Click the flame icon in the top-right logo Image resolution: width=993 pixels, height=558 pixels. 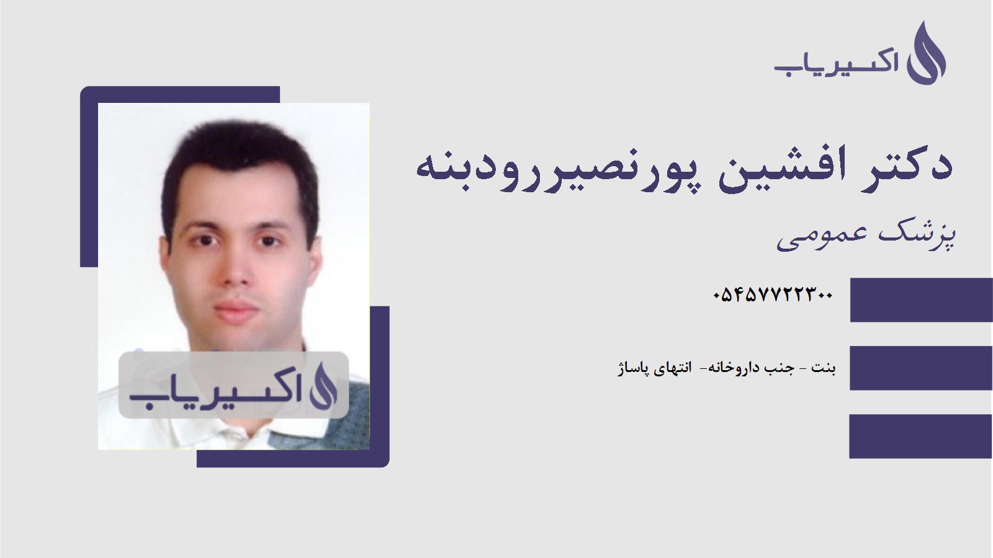pos(926,55)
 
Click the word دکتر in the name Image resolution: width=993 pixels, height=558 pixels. pos(907,165)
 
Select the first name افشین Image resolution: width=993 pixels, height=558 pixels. pos(783,166)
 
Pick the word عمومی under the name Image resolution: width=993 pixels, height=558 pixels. pos(822,236)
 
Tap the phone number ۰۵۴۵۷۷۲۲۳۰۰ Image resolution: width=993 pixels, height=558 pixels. pos(773,294)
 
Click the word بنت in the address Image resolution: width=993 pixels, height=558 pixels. pos(824,368)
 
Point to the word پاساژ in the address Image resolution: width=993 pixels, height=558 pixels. pos(633,368)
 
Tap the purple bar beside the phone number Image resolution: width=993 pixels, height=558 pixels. pos(921,300)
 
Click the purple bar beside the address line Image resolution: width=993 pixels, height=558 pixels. pos(921,368)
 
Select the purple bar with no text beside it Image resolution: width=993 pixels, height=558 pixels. pos(921,436)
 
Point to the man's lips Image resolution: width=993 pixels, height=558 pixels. pos(235,308)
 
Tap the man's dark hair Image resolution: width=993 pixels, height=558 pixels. pos(239,149)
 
